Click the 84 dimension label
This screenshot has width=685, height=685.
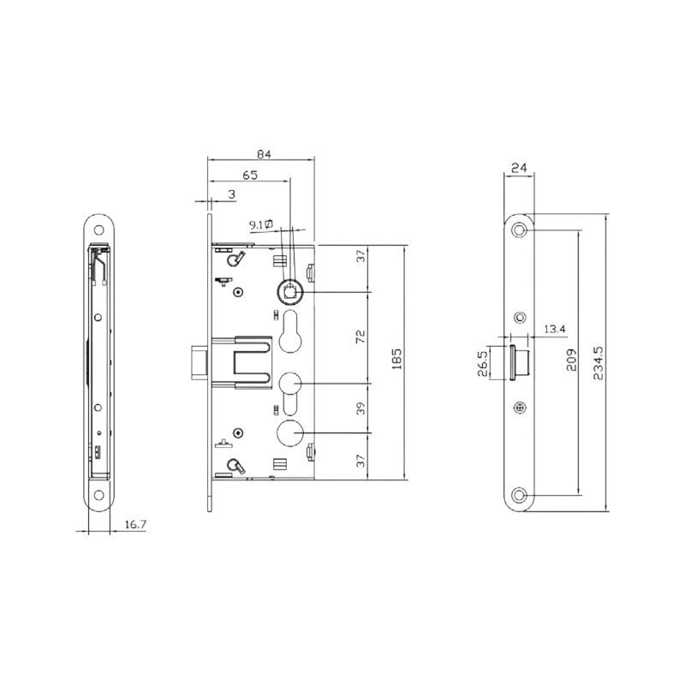pyautogui.click(x=264, y=154)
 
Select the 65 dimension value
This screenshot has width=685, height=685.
pyautogui.click(x=250, y=176)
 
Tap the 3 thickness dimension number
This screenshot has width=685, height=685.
pyautogui.click(x=232, y=194)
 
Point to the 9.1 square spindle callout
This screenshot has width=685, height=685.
pyautogui.click(x=261, y=224)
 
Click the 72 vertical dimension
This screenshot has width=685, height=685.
pyautogui.click(x=360, y=337)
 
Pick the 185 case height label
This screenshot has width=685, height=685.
pyautogui.click(x=396, y=359)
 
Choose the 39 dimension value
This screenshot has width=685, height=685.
pyautogui.click(x=360, y=408)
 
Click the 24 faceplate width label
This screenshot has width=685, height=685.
pyautogui.click(x=519, y=168)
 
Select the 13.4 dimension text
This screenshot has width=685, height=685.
pyautogui.click(x=555, y=329)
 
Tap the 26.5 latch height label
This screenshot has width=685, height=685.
pyautogui.click(x=483, y=363)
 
